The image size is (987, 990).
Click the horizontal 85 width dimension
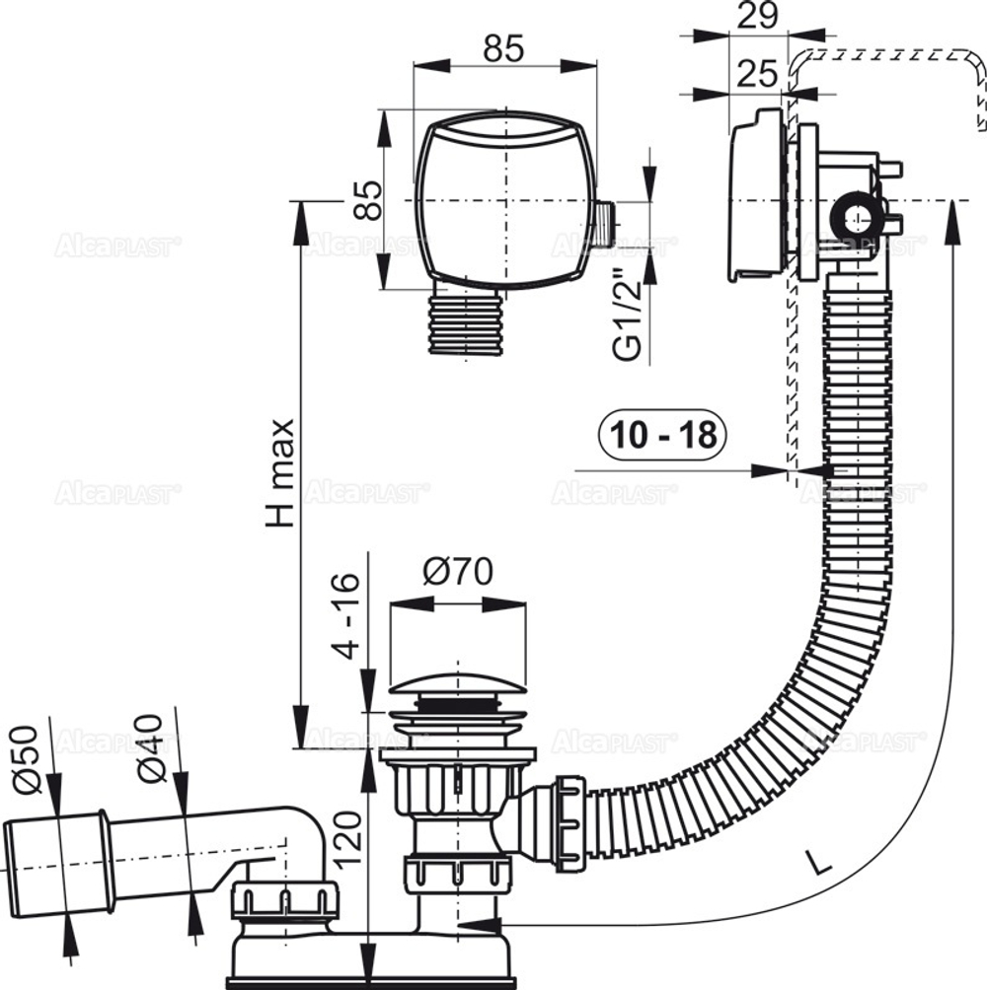coord(503,48)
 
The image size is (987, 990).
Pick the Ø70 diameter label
coord(458,572)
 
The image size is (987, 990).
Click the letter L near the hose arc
coord(815,865)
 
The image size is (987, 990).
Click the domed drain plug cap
coord(458,687)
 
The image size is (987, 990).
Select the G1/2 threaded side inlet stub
coord(604,224)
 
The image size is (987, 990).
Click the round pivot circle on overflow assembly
coord(851,215)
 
